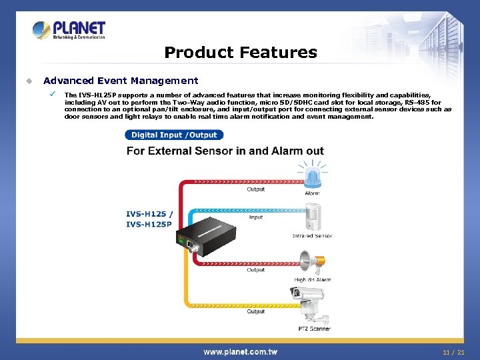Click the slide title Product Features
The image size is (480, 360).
(240, 52)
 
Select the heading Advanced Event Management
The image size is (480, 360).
(121, 81)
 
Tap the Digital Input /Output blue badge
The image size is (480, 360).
(174, 135)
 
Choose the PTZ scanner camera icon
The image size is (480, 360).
(309, 303)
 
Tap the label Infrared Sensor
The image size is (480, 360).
(312, 236)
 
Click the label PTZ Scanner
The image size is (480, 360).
(314, 329)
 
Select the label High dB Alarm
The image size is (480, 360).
(313, 280)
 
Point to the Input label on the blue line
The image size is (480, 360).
(256, 217)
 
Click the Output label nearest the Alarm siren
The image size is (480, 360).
(256, 189)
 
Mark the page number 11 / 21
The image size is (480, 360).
(453, 351)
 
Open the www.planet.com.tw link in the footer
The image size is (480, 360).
(240, 351)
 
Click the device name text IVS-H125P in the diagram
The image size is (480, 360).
(149, 225)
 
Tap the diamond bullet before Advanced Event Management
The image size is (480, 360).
(28, 81)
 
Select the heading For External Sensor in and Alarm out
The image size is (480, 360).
(225, 151)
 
